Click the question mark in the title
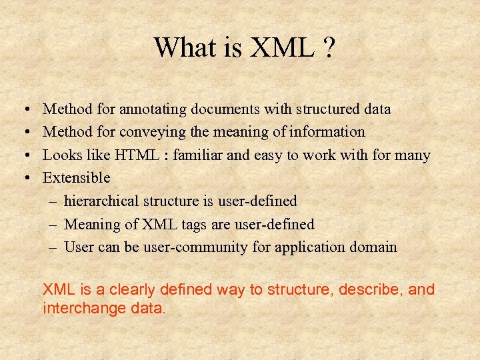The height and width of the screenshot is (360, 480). coord(328,47)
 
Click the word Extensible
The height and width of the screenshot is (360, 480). coord(76,178)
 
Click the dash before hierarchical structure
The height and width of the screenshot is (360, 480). coord(53,201)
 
